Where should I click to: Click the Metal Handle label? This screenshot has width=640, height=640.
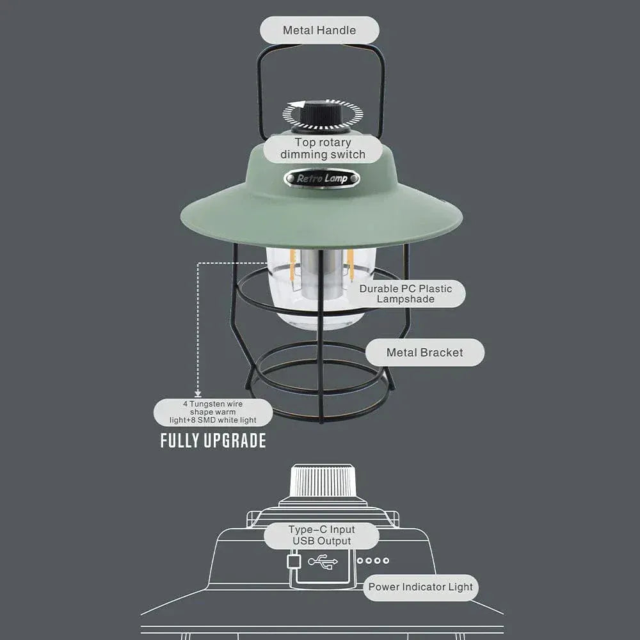(x=319, y=30)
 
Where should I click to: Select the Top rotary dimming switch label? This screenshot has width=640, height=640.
(x=323, y=148)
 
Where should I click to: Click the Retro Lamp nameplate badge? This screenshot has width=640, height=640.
(x=322, y=179)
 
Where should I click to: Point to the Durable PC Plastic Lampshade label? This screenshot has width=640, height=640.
(x=406, y=294)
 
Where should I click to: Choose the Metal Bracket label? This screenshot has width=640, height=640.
(x=424, y=353)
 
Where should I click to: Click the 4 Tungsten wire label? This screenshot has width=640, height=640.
(x=212, y=412)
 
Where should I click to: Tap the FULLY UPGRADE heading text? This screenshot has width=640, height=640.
(x=213, y=441)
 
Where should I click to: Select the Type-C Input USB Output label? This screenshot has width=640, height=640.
(x=321, y=535)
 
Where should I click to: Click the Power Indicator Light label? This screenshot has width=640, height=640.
(x=420, y=587)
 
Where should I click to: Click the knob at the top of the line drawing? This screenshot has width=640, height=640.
(x=321, y=481)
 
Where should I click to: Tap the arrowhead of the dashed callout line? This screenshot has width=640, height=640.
(x=198, y=394)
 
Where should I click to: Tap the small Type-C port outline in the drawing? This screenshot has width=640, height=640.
(x=294, y=561)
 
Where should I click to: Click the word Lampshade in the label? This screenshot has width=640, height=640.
(x=406, y=299)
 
